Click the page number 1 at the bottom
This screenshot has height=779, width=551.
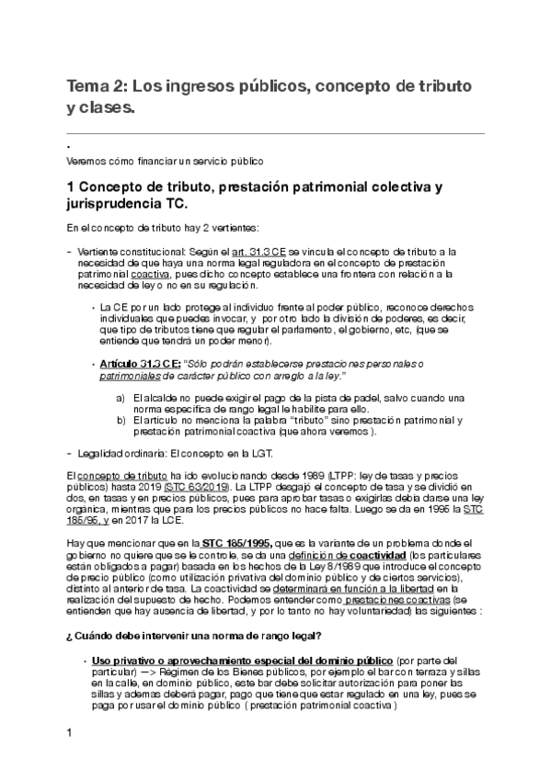pos(69,758)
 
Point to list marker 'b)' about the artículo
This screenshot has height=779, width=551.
pos(122,421)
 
